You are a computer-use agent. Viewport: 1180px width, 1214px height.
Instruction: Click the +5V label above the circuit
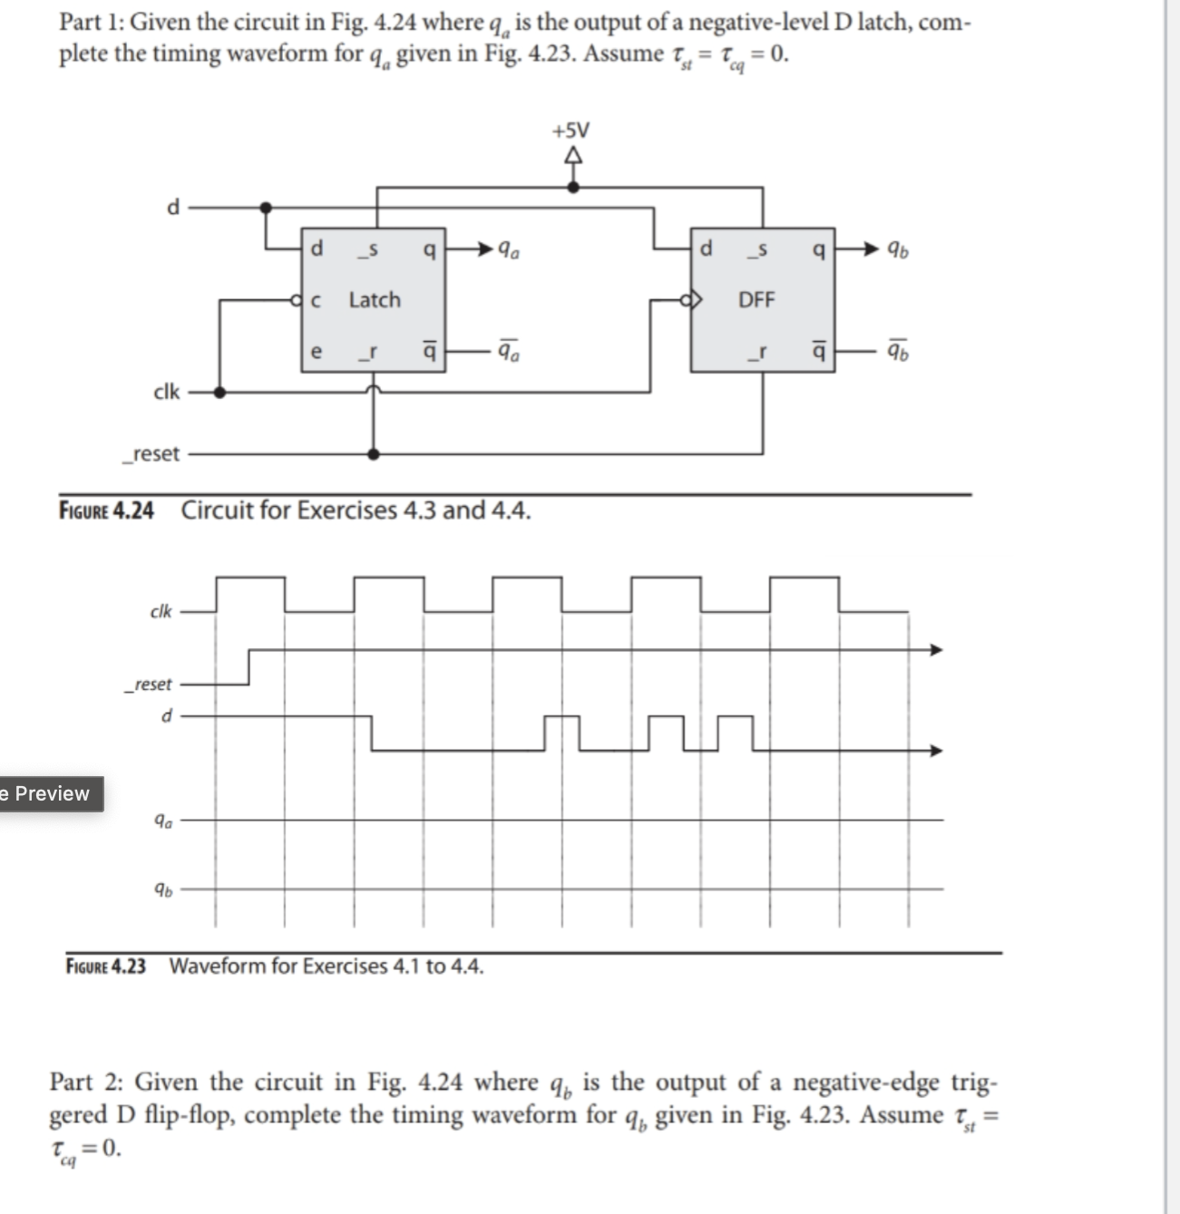[570, 131]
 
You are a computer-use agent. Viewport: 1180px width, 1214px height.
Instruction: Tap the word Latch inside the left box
[375, 300]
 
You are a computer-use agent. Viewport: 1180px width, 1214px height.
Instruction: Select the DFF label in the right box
[756, 300]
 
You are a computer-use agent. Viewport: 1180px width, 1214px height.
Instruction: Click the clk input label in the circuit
[167, 392]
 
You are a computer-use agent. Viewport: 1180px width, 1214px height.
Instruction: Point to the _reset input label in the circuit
[151, 453]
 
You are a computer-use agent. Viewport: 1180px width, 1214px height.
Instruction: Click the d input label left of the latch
[173, 208]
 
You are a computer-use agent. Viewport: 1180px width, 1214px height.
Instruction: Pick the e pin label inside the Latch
[316, 352]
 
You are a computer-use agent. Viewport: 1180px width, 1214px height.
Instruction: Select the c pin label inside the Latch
[316, 301]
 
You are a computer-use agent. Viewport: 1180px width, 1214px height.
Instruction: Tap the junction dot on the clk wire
[219, 393]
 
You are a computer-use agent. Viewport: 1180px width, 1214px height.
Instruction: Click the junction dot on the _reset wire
[375, 453]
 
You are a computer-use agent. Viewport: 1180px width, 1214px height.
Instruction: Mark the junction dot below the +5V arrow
[572, 187]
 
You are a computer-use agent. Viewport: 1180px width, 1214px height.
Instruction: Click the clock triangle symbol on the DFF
[697, 299]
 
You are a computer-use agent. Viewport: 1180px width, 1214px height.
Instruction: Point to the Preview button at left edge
[51, 794]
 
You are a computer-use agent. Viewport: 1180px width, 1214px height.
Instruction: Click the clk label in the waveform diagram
[161, 612]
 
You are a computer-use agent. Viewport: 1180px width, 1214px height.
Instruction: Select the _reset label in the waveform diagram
[148, 685]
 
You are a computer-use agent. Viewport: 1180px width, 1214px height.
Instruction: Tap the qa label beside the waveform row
[163, 821]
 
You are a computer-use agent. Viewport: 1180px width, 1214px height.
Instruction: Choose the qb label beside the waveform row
[163, 889]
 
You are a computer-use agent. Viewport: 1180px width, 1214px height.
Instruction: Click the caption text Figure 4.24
[107, 511]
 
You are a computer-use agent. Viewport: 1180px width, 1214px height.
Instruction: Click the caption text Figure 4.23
[106, 966]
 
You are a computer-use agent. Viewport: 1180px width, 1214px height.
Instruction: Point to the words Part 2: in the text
[87, 1083]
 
